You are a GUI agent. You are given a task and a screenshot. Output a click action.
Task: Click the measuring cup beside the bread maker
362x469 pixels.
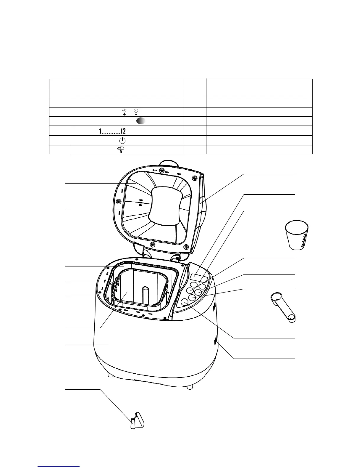pyautogui.click(x=297, y=236)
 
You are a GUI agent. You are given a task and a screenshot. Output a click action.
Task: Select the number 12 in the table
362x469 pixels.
pyautogui.click(x=123, y=131)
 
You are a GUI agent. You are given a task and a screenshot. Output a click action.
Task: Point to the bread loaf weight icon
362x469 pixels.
pyautogui.click(x=120, y=150)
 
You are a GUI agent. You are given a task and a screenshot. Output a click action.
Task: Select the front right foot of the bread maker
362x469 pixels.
pyautogui.click(x=190, y=386)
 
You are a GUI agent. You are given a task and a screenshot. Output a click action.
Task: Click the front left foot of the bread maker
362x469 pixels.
pyautogui.click(x=111, y=375)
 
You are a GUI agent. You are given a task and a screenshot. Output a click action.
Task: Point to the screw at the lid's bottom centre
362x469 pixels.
pyautogui.click(x=153, y=244)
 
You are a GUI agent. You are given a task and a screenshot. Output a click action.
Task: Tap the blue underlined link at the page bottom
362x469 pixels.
pyautogui.click(x=59, y=466)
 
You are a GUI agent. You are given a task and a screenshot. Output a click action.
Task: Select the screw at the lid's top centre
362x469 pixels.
pyautogui.click(x=162, y=170)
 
